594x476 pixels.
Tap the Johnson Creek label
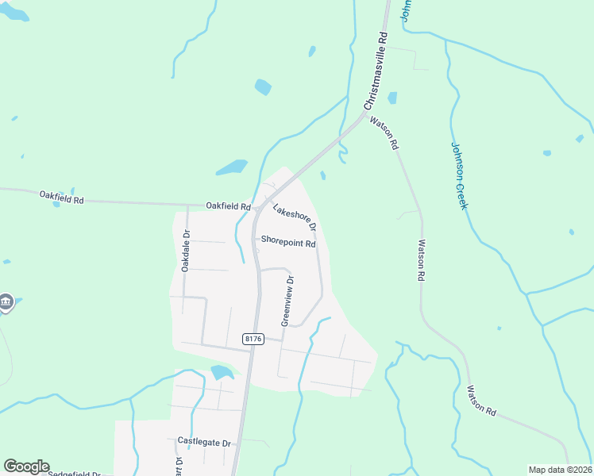(x=460, y=176)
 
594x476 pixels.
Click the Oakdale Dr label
(x=186, y=251)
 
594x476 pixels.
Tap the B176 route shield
(x=253, y=339)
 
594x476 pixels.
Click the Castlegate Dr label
(x=203, y=441)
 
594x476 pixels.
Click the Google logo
(x=26, y=466)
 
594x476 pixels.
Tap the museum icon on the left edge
(x=6, y=302)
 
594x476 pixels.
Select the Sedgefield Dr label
(x=75, y=474)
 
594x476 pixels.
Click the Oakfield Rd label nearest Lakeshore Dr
(x=228, y=206)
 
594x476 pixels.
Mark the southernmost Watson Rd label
(x=481, y=401)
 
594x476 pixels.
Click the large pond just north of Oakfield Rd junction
(x=231, y=167)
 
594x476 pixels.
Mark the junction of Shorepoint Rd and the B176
(x=255, y=243)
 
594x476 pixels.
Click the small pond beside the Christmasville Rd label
(x=391, y=98)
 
